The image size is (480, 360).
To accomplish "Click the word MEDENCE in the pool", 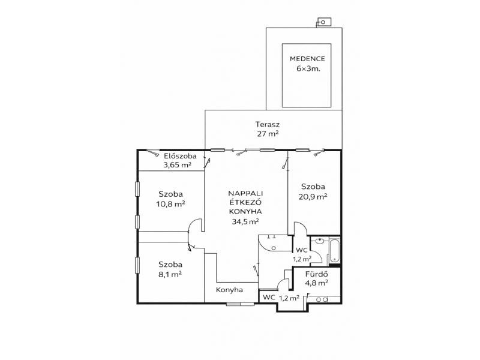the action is click(307, 59).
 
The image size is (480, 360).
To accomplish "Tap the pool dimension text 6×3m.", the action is click(308, 68).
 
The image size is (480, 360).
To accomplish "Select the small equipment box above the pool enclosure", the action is click(323, 22).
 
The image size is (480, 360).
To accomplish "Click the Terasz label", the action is click(268, 125).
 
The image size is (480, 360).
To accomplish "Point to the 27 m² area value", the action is click(268, 133).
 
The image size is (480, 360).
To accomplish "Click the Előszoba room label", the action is click(180, 156).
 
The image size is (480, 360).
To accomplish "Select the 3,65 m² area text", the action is click(177, 165).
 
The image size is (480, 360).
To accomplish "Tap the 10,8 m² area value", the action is click(170, 204).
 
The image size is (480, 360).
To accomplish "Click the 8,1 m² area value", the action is click(170, 274).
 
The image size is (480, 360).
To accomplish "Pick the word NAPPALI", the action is click(245, 193).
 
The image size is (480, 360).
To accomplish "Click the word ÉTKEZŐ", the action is click(245, 202).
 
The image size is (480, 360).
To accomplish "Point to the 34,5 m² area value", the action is click(245, 221).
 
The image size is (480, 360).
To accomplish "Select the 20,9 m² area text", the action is click(313, 197).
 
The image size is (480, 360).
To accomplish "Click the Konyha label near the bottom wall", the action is click(229, 290).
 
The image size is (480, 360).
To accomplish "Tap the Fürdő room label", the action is click(317, 274).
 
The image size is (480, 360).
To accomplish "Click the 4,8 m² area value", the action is click(317, 283).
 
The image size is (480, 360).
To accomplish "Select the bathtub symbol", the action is click(334, 251).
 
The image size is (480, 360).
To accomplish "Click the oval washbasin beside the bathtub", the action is click(320, 241).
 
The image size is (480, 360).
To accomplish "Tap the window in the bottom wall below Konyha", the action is click(240, 304).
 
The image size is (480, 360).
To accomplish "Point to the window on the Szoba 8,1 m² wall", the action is click(137, 265).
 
